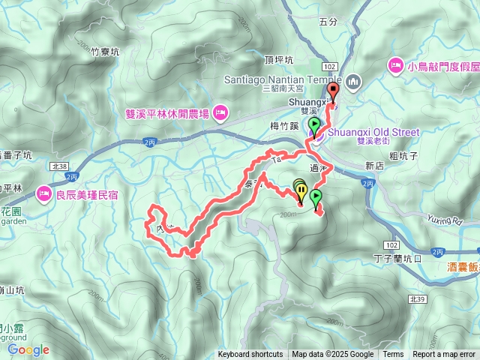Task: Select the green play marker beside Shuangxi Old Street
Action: [314, 126]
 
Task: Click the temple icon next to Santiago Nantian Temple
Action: [354, 80]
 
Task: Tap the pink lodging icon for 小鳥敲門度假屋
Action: [394, 67]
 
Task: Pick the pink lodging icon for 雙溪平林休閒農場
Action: [220, 114]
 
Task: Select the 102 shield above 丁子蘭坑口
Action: [391, 244]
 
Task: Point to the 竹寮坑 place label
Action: [106, 52]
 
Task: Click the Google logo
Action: [28, 349]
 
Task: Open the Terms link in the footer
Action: [393, 355]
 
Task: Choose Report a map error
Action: [444, 355]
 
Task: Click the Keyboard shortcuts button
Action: [250, 355]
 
